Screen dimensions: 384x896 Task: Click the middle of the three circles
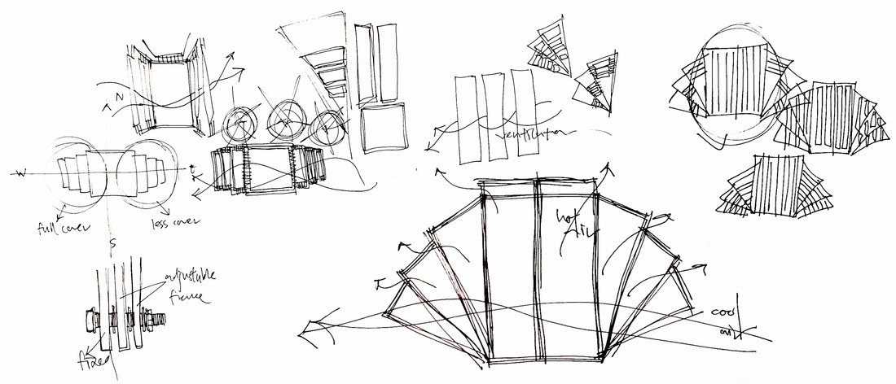pyautogui.click(x=286, y=122)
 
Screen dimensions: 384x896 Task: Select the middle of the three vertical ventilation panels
pyautogui.click(x=492, y=116)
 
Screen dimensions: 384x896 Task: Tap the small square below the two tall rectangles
pyautogui.click(x=382, y=127)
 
